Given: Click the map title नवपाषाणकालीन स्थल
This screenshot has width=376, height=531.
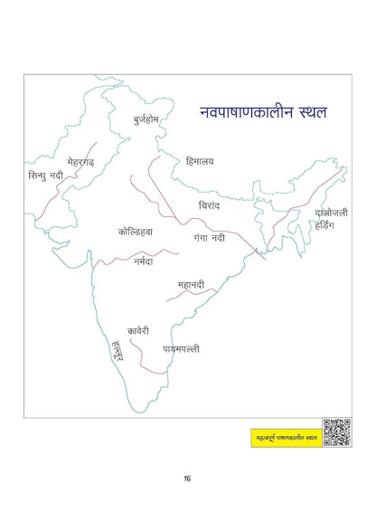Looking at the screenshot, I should (x=264, y=114).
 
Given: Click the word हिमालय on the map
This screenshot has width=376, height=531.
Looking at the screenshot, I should (x=200, y=161).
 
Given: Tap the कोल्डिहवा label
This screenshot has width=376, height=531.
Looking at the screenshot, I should (x=136, y=232).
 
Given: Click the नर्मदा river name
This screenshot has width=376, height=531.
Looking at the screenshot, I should (x=141, y=261).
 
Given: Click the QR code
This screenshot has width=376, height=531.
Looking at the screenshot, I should (x=336, y=432).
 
